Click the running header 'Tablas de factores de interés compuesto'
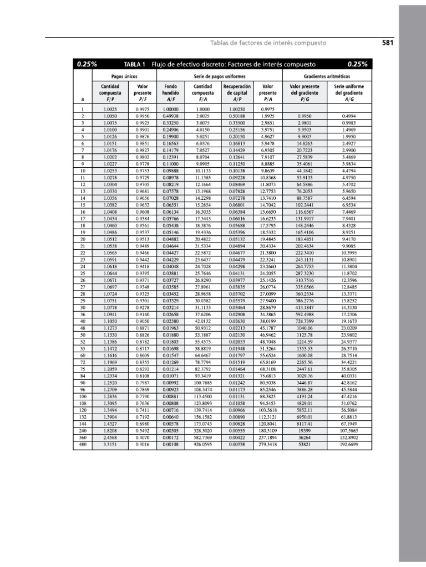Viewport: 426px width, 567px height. (x=268, y=43)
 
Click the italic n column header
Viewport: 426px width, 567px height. (x=82, y=100)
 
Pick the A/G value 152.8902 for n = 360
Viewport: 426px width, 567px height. (x=349, y=437)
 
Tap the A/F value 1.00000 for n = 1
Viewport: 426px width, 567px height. (x=171, y=110)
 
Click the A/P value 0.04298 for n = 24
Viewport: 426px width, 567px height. (x=237, y=266)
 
